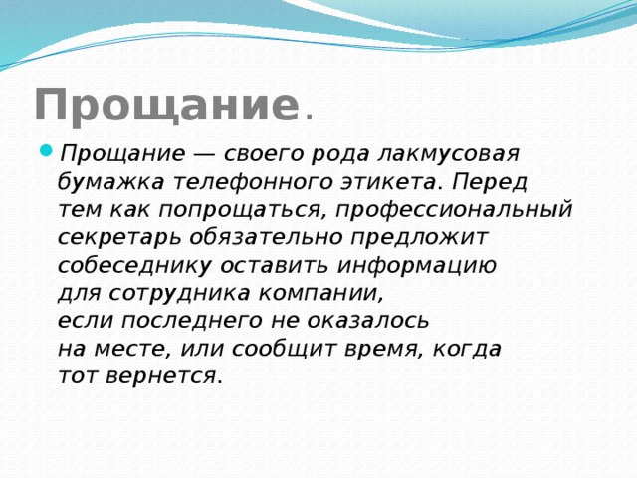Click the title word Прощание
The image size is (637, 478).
[165, 105]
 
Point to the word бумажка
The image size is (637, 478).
[110, 182]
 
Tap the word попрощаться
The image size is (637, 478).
[240, 210]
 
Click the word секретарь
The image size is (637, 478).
[118, 238]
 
